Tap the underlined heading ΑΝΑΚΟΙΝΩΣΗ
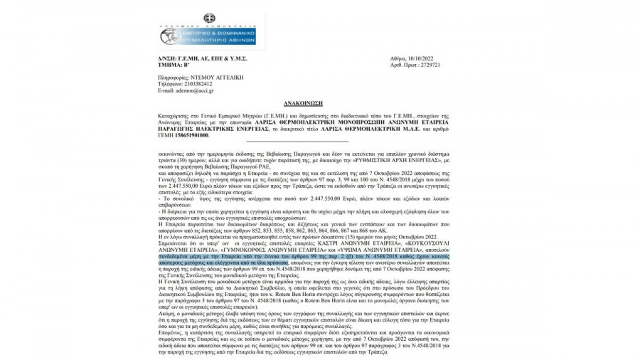coord(320,102)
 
